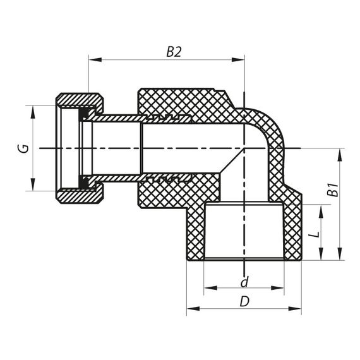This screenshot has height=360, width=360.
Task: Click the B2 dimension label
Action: [x=174, y=52]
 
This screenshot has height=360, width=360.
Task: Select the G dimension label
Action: [x=22, y=148]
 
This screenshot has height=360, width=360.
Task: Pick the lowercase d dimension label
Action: [x=244, y=280]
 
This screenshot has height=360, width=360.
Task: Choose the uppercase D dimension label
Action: [x=244, y=301]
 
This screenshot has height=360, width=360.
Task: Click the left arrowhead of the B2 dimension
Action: [x=93, y=61]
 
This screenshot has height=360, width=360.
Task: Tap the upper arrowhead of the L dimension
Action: [x=322, y=209]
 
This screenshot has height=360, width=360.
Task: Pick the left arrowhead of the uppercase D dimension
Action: [x=191, y=309]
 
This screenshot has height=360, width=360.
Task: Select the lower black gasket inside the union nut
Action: [x=83, y=183]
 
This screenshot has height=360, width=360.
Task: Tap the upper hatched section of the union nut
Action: [x=80, y=100]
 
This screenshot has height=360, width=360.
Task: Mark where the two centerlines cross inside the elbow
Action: [x=244, y=148]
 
